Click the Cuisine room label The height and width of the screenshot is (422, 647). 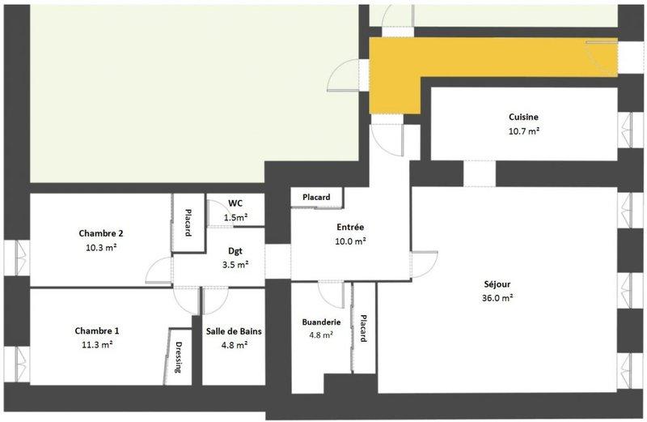[523, 117]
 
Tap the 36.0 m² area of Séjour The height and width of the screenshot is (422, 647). [497, 298]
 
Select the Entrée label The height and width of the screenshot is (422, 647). [350, 227]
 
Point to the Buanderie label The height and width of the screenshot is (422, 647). [321, 322]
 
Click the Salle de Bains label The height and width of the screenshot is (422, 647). [234, 331]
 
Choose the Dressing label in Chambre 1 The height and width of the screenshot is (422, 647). [179, 357]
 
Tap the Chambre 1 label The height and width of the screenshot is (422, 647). [97, 330]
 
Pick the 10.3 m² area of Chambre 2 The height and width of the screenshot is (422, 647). [101, 248]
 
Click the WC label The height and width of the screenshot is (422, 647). [235, 203]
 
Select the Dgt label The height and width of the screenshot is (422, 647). [235, 251]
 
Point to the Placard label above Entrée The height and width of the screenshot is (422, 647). [316, 197]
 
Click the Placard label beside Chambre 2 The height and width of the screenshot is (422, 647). [188, 223]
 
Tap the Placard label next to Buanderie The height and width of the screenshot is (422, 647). [363, 329]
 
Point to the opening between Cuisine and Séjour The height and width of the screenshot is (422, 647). [480, 173]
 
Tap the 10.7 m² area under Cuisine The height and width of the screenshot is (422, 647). [524, 131]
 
